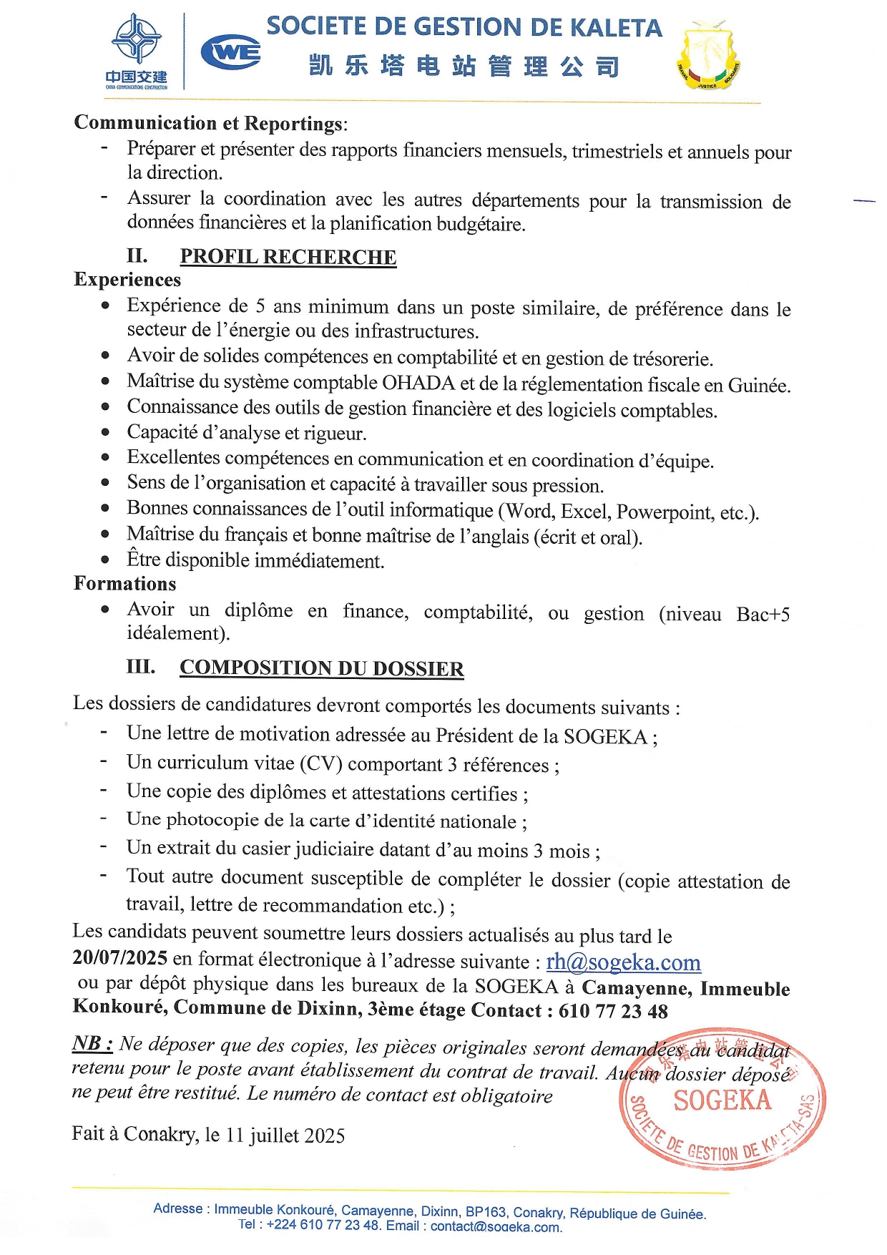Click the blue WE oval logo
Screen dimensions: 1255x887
click(230, 52)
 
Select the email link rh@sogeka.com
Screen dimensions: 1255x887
click(623, 962)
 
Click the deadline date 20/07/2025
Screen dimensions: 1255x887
click(120, 958)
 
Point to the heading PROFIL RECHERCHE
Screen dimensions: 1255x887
click(288, 257)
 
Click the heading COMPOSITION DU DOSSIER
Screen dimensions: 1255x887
click(321, 668)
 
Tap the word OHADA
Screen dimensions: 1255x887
click(418, 383)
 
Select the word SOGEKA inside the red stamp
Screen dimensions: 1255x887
click(722, 1100)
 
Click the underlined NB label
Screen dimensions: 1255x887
click(92, 1043)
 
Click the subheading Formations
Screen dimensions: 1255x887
click(125, 584)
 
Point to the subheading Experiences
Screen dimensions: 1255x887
click(127, 280)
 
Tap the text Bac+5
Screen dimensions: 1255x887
click(763, 615)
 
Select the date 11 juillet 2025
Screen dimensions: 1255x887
click(285, 1136)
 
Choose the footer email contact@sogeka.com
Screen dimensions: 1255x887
click(496, 1226)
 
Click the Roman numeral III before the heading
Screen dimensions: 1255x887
click(140, 667)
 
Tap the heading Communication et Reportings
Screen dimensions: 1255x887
click(209, 123)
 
